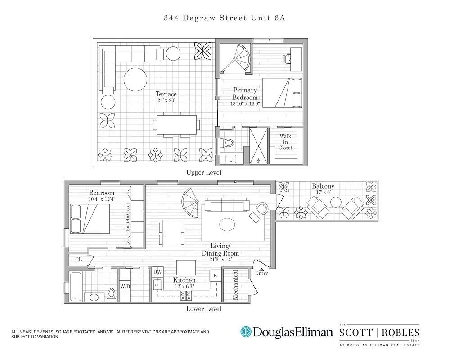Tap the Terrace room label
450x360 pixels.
point(166,94)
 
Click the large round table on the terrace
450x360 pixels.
point(135,79)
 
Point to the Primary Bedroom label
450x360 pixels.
point(245,94)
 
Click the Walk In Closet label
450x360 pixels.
point(285,142)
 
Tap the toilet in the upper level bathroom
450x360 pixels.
point(228,143)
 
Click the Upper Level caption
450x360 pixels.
point(204,172)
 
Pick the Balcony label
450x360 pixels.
point(323,186)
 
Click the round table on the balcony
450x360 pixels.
point(336,202)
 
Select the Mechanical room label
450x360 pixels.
point(235,285)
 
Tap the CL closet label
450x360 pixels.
point(78,259)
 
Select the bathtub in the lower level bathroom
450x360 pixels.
point(76,287)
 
